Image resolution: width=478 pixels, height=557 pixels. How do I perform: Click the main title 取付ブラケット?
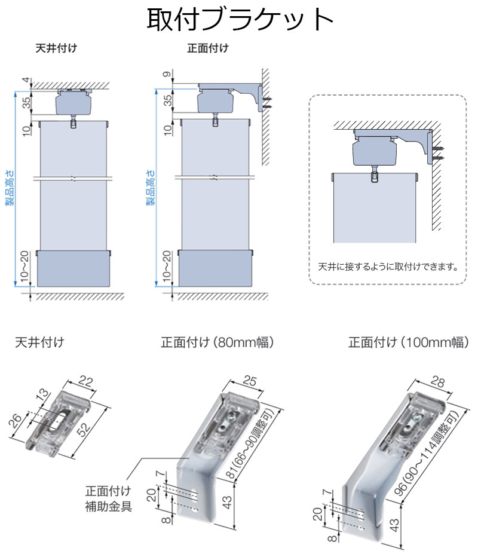pyautogui.click(x=240, y=19)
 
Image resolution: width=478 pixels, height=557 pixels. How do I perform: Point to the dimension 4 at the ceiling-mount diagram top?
pyautogui.click(x=24, y=80)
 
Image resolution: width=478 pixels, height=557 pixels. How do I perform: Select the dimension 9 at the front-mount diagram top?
pyautogui.click(x=167, y=75)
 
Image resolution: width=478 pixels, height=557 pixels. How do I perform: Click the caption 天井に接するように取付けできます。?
pyautogui.click(x=387, y=267)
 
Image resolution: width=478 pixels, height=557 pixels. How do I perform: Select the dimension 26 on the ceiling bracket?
pyautogui.click(x=16, y=421)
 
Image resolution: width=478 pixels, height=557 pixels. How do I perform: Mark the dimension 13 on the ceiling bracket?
pyautogui.click(x=39, y=396)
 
